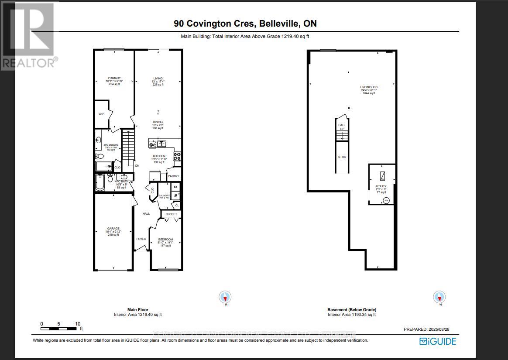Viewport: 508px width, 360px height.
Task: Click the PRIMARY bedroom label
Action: [x=114, y=78]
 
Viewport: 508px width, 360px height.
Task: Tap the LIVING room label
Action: [x=158, y=79]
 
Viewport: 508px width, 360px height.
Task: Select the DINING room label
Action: [x=158, y=122]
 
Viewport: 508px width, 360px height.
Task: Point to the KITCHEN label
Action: [x=158, y=156]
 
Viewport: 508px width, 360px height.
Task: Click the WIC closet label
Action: [x=101, y=114]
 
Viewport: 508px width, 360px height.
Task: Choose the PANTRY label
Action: [x=174, y=176]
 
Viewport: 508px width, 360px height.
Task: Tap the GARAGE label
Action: [x=113, y=229]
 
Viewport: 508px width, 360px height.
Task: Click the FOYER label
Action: [x=141, y=239]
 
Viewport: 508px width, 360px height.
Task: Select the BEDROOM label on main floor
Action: [x=165, y=239]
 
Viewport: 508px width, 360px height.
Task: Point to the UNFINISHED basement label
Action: [x=369, y=87]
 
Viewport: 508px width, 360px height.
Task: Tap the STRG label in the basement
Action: [x=342, y=157]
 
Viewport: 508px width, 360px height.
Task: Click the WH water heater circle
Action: [x=386, y=200]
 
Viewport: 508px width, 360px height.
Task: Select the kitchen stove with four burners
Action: [x=178, y=156]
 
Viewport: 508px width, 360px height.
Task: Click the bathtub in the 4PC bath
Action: [x=100, y=183]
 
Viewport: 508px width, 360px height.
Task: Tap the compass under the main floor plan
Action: [x=225, y=297]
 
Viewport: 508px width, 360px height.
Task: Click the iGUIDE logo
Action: [x=438, y=341]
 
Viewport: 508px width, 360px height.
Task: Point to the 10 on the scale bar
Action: [x=77, y=324]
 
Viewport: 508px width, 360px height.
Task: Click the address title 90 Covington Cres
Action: [x=210, y=24]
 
